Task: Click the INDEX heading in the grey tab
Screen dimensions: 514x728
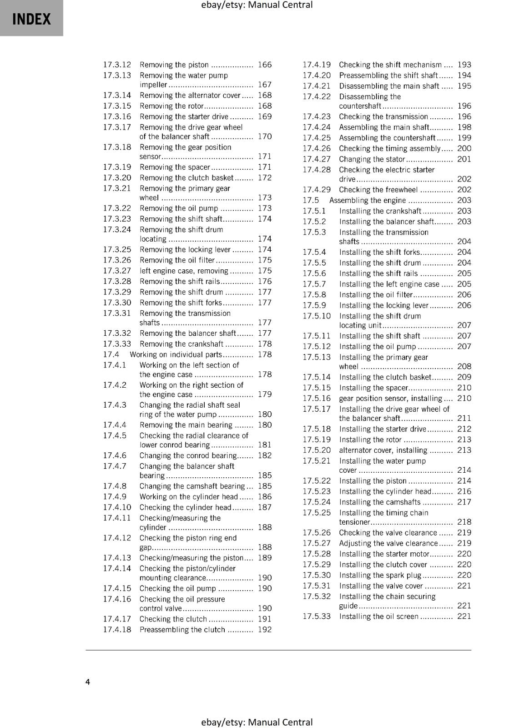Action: [31, 19]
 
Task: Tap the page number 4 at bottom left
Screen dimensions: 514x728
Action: [88, 682]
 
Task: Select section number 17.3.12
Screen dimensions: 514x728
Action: [117, 65]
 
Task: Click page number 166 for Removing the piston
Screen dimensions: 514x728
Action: [264, 65]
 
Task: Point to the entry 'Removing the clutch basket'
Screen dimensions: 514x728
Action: [186, 178]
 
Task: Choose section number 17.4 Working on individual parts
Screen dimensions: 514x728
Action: [111, 354]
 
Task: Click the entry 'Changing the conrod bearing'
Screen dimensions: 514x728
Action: [188, 455]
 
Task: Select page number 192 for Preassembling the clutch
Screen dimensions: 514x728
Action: [264, 630]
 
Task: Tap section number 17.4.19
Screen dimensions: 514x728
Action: [317, 65]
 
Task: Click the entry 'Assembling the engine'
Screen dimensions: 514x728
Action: [368, 200]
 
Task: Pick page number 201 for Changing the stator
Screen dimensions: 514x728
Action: [464, 159]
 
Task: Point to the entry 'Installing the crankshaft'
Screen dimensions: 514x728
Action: [380, 211]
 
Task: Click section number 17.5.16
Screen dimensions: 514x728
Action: [317, 399]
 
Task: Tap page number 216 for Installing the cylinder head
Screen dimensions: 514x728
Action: [464, 491]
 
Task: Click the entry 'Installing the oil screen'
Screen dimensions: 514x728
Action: [378, 617]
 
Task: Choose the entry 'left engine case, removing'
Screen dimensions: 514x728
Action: [184, 271]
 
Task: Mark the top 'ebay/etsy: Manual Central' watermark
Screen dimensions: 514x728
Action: [257, 5]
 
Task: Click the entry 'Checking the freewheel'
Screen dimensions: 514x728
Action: [378, 190]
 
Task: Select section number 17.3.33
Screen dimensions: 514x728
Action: [117, 344]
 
